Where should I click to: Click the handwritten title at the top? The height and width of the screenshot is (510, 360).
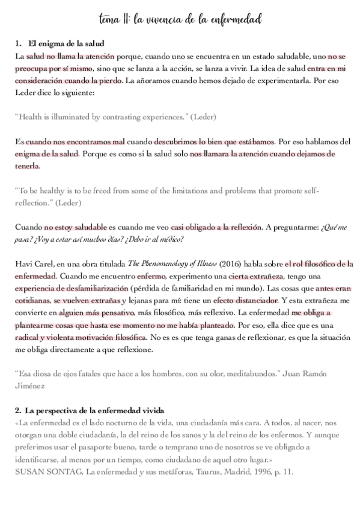pos(180,20)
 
